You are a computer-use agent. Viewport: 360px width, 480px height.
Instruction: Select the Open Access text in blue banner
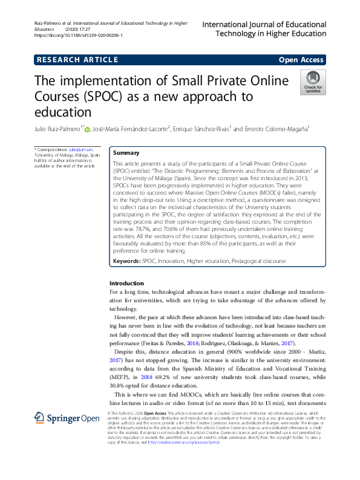(301, 59)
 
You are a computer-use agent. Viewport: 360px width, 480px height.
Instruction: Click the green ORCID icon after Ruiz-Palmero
(87, 129)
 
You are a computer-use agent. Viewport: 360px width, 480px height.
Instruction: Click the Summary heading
(126, 154)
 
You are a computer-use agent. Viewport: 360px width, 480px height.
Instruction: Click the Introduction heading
(126, 284)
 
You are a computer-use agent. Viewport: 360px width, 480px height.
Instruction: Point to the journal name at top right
(264, 30)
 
